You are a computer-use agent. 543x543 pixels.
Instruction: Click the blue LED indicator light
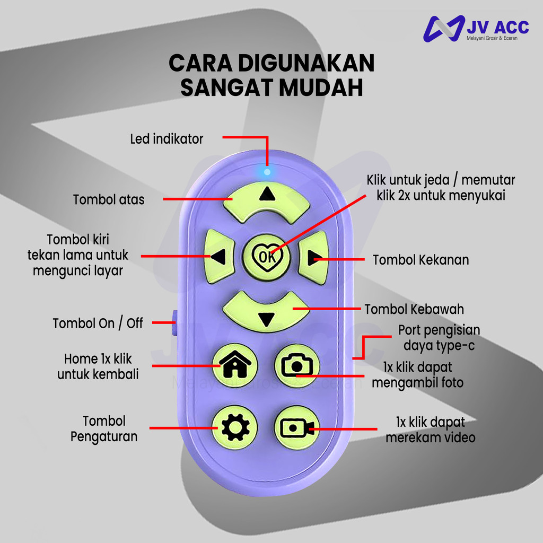click(x=267, y=171)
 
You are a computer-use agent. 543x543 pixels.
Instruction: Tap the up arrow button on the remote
click(x=267, y=200)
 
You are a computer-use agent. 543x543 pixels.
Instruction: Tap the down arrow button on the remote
click(x=266, y=313)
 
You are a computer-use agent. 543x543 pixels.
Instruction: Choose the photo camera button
click(x=297, y=365)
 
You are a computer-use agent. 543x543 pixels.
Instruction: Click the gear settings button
click(x=235, y=427)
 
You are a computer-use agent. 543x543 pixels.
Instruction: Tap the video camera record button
click(x=297, y=427)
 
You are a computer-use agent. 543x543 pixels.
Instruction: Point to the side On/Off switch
click(x=174, y=322)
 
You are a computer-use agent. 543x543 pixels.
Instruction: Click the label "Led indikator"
click(x=167, y=139)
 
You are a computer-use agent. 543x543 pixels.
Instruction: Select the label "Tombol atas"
click(x=109, y=199)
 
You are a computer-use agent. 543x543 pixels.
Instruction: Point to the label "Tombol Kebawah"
click(x=414, y=309)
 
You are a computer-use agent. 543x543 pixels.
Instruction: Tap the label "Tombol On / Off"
click(x=98, y=323)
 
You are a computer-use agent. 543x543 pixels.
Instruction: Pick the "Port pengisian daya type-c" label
click(x=439, y=338)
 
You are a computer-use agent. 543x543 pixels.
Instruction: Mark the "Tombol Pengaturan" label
click(x=104, y=429)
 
